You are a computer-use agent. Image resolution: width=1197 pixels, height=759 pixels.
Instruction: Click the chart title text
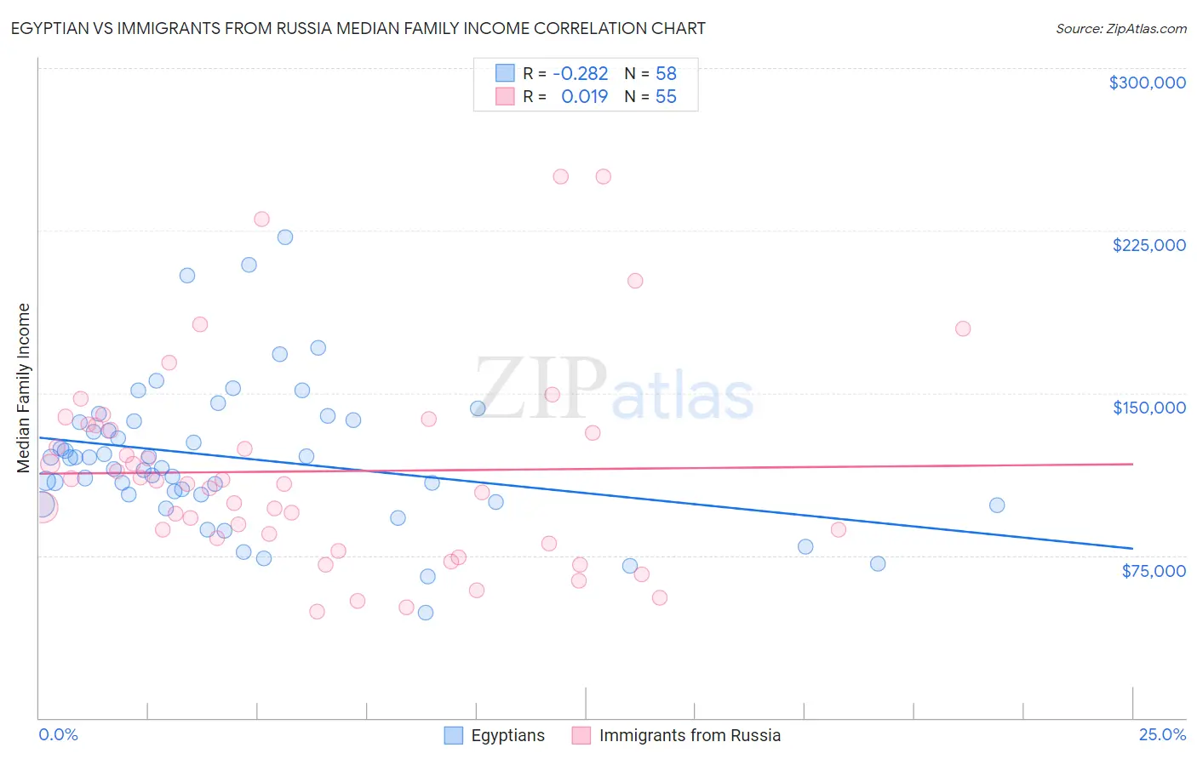pyautogui.click(x=358, y=28)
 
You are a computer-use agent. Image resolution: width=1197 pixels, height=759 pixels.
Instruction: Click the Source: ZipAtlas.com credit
pyautogui.click(x=1120, y=28)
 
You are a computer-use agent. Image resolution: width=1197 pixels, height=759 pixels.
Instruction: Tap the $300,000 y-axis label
pyautogui.click(x=1147, y=83)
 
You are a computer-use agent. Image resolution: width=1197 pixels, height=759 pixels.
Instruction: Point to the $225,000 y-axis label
pyautogui.click(x=1148, y=245)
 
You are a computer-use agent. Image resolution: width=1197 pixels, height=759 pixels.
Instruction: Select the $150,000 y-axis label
pyautogui.click(x=1148, y=408)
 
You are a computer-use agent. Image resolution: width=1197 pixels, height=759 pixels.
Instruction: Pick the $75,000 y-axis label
pyautogui.click(x=1153, y=571)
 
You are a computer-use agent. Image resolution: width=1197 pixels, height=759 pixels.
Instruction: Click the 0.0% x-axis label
pyautogui.click(x=58, y=734)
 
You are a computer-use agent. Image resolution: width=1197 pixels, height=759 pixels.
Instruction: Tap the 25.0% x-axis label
pyautogui.click(x=1162, y=734)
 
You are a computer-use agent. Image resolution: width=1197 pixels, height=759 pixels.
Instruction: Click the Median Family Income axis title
pyautogui.click(x=23, y=388)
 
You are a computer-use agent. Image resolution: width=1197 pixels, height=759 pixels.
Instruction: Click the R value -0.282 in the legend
pyautogui.click(x=580, y=74)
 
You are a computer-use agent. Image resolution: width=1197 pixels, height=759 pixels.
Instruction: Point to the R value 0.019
pyautogui.click(x=584, y=97)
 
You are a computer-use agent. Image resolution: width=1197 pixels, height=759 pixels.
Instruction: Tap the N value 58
pyautogui.click(x=666, y=74)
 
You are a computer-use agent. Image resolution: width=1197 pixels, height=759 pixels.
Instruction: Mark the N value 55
pyautogui.click(x=666, y=97)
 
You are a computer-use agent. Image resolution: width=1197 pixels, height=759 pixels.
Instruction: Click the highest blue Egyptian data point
pyautogui.click(x=285, y=237)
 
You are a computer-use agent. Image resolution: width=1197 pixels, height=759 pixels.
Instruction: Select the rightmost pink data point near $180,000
pyautogui.click(x=963, y=328)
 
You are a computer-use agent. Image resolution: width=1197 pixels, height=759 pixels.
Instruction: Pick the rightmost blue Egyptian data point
pyautogui.click(x=997, y=505)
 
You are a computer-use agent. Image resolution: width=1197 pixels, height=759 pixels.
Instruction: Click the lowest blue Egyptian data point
pyautogui.click(x=426, y=613)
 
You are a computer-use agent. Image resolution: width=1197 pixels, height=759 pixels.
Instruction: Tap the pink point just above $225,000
pyautogui.click(x=261, y=220)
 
